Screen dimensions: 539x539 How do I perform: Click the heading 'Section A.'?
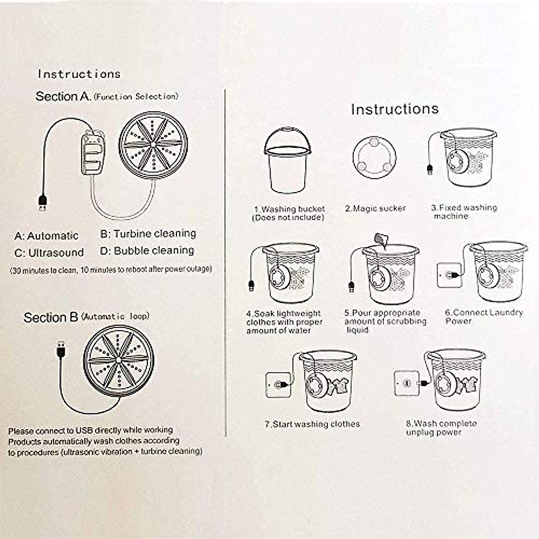pos(63,97)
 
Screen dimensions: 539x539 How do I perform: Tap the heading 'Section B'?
pos(51,318)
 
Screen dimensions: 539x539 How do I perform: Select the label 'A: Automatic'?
pos(46,236)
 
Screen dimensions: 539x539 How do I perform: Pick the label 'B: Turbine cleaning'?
pos(148,234)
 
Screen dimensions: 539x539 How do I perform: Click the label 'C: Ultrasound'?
pos(49,252)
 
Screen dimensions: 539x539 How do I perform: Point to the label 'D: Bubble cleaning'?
pos(147,250)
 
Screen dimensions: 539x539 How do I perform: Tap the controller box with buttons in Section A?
pos(93,151)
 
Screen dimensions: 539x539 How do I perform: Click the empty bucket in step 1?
pos(287,162)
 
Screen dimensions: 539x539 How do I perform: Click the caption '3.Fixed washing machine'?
pos(464,212)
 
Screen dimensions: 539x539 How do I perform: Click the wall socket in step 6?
pos(449,274)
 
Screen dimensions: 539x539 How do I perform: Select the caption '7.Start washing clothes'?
pos(312,424)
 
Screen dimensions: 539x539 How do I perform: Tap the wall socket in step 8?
pos(406,383)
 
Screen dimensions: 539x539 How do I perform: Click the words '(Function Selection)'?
pos(136,97)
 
